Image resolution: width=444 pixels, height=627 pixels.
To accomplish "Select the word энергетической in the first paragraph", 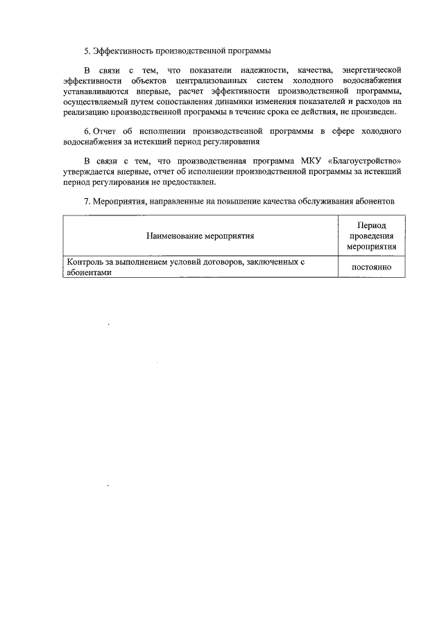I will (373, 70).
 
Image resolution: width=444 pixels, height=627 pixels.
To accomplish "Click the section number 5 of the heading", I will (87, 50).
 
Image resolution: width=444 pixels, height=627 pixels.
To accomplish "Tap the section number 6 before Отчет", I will (86, 131).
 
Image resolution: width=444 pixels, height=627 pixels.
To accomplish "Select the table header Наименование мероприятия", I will (200, 236).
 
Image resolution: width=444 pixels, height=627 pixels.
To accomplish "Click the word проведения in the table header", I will (371, 236).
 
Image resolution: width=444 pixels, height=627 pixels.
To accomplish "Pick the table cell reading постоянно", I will (371, 267).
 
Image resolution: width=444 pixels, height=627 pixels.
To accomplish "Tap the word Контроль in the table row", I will (83, 263).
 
